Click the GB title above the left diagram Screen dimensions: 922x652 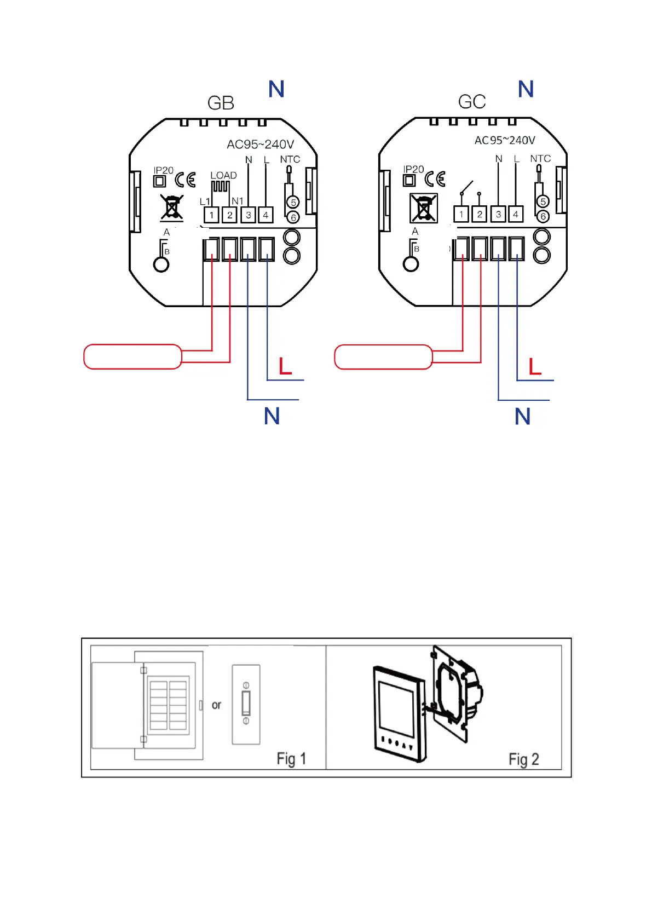[221, 103]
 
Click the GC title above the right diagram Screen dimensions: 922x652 [471, 102]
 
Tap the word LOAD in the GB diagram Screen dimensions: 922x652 [223, 175]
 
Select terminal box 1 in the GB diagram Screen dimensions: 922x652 [211, 215]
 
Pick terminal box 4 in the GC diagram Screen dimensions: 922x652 [516, 214]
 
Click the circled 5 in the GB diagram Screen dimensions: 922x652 [293, 203]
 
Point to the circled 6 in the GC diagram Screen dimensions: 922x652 [543, 216]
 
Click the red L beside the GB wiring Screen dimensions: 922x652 [285, 366]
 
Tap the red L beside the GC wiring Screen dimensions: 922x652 [535, 366]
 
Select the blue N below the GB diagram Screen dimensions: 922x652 [272, 416]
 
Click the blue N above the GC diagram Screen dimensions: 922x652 [526, 89]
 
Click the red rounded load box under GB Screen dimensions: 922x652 [132, 357]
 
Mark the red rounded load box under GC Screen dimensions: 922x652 [383, 357]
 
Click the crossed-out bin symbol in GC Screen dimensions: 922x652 [424, 209]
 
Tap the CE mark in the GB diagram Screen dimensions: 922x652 [185, 180]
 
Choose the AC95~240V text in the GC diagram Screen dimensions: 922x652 [505, 141]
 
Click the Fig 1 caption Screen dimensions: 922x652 [291, 759]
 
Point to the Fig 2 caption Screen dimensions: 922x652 [524, 759]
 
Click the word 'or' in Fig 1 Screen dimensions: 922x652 [217, 705]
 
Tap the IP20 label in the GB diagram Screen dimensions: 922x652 [163, 170]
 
